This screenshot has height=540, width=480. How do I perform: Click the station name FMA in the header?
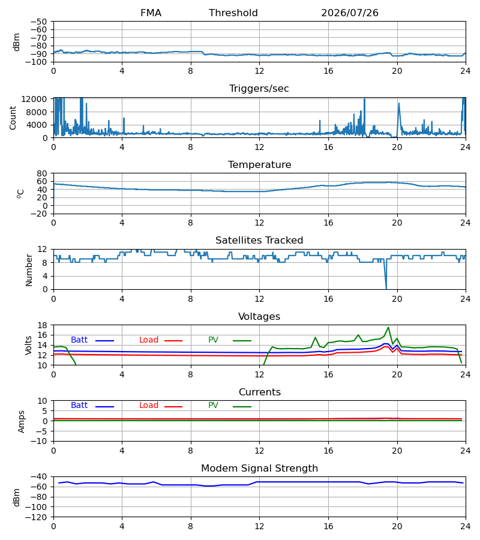pos(151,13)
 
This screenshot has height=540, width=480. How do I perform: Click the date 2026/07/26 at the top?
pos(349,13)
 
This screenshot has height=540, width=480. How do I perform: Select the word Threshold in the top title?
pos(233,13)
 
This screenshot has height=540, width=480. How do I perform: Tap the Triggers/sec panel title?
pos(259,89)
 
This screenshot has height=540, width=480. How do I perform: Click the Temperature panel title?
pos(259,164)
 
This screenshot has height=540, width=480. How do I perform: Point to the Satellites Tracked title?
pos(259,241)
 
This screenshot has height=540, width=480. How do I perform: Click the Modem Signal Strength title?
pos(259,469)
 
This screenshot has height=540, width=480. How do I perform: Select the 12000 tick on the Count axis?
pos(34,99)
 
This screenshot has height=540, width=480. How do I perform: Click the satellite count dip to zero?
pos(386,288)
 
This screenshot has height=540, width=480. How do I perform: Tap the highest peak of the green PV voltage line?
pos(388,328)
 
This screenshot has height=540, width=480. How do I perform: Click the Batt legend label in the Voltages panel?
pos(79,340)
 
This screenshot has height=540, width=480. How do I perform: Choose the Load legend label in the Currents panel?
pos(149,406)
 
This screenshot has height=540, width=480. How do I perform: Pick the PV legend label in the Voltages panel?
pos(213,340)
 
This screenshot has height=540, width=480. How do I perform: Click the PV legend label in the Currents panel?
pos(213,406)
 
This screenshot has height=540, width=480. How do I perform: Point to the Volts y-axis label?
pos(28,345)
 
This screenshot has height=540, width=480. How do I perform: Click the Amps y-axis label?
pos(22,421)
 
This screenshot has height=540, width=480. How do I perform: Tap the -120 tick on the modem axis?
pos(38,517)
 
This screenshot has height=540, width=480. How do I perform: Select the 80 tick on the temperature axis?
pos(42,173)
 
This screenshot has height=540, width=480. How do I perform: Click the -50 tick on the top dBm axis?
pos(38,22)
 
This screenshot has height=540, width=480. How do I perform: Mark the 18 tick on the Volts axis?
pos(42,325)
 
